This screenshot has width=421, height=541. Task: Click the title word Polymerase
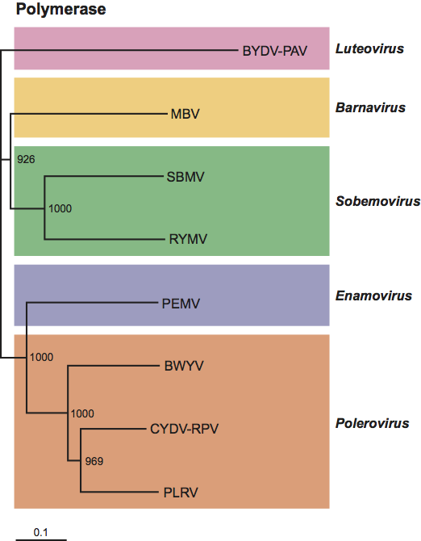click(x=61, y=10)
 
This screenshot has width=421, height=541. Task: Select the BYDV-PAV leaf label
click(x=274, y=51)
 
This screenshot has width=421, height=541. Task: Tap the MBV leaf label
click(x=185, y=114)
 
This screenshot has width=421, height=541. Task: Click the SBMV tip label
click(x=185, y=177)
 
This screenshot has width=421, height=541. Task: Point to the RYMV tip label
click(x=188, y=239)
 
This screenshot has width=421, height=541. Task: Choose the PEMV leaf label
click(x=181, y=304)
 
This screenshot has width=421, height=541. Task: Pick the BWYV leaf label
click(x=184, y=366)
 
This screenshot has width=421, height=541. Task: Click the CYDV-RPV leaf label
click(x=185, y=429)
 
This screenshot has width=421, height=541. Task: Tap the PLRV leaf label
click(x=181, y=493)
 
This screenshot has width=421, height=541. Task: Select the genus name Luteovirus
click(x=369, y=48)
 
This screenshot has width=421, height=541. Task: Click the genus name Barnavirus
click(x=370, y=107)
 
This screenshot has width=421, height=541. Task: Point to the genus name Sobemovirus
click(x=378, y=201)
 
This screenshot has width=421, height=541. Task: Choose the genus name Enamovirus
click(x=373, y=296)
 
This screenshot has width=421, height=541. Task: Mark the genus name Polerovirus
click(x=373, y=423)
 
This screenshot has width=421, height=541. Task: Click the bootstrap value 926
click(x=26, y=159)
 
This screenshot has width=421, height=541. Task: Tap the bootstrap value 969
click(x=94, y=461)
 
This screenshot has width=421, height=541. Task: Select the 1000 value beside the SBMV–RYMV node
click(x=60, y=209)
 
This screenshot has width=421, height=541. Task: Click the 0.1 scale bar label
click(x=40, y=532)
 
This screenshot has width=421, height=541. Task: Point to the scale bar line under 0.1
click(x=41, y=539)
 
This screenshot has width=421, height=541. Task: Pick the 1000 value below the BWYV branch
click(x=82, y=413)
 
